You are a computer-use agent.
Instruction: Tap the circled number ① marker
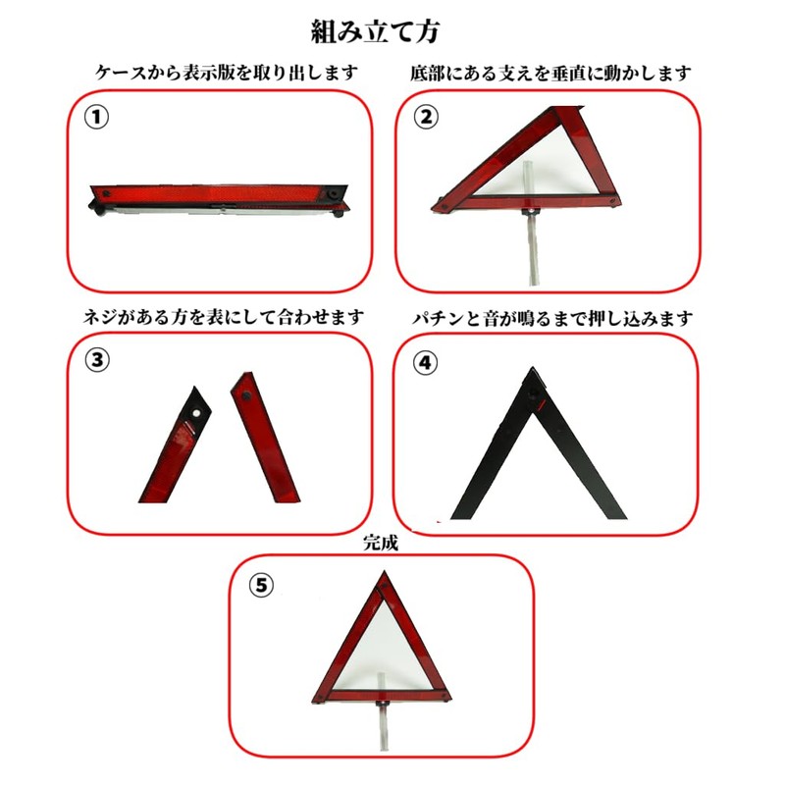[x=95, y=117]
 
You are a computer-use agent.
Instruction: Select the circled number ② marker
[x=425, y=117]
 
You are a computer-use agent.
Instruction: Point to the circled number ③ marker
[x=95, y=360]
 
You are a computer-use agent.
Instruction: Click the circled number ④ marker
[x=424, y=362]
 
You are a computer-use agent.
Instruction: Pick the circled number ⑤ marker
[x=259, y=586]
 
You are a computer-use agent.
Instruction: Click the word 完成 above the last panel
[x=381, y=542]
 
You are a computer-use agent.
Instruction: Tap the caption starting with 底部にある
[x=550, y=73]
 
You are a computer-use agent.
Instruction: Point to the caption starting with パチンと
[x=550, y=318]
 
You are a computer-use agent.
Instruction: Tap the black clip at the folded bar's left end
[x=98, y=205]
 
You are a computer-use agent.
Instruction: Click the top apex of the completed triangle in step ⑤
[x=381, y=580]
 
